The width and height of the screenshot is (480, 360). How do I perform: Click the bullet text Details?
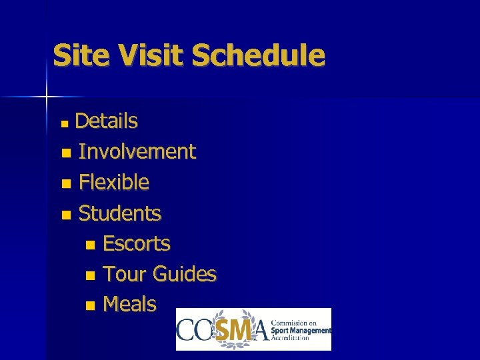coord(106,121)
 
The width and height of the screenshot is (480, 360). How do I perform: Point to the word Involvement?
coord(137,152)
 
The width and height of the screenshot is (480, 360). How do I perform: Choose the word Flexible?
coord(114,182)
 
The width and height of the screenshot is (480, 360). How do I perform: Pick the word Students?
coord(120,213)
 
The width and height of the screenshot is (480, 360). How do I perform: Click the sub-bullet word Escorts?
coord(137,244)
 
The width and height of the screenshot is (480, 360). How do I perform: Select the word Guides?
coord(184,274)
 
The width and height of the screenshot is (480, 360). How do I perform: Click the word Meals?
coord(130,305)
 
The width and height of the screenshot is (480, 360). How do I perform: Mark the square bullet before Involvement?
coord(65,153)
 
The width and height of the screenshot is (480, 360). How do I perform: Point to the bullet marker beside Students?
coord(65,215)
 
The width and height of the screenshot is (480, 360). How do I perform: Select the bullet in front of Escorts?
coord(90,245)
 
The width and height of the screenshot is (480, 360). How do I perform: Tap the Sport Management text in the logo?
coord(302,331)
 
